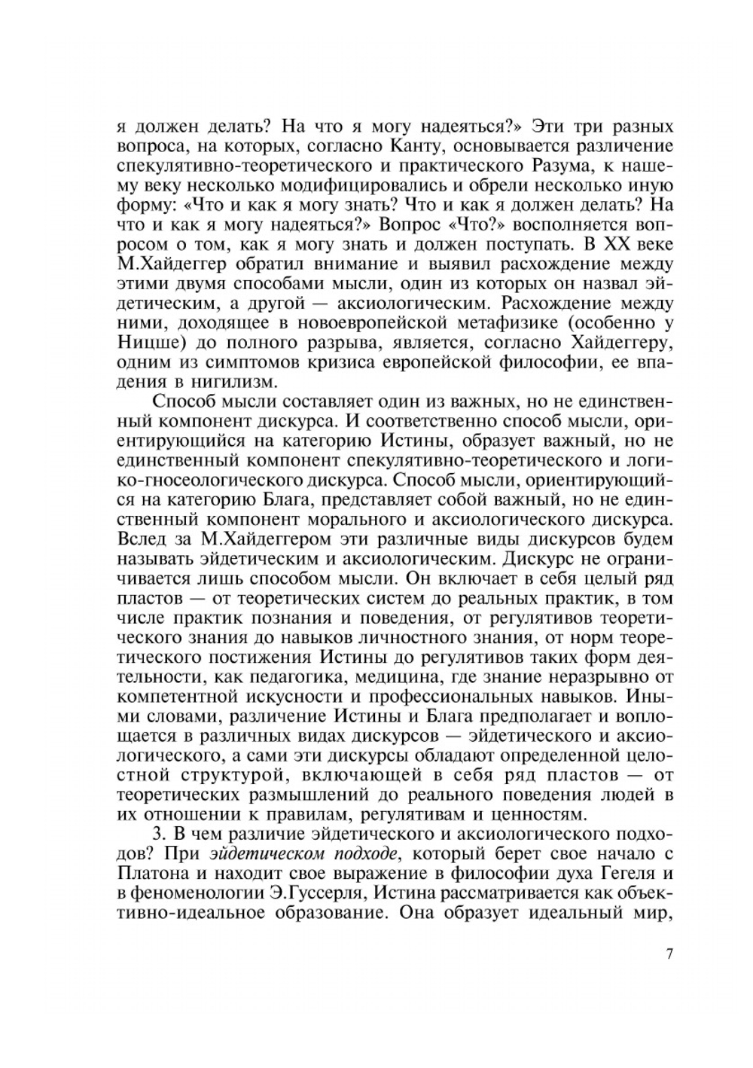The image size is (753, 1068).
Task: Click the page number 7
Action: click(x=669, y=955)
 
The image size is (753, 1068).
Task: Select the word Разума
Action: click(x=530, y=166)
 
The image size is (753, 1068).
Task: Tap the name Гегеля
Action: click(x=632, y=875)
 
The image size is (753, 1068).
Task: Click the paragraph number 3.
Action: click(x=157, y=835)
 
